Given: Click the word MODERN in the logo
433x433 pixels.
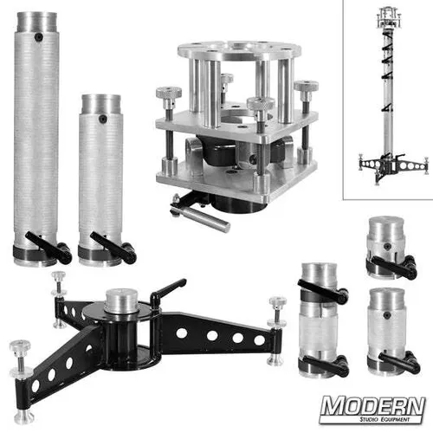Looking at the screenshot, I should coord(372,406).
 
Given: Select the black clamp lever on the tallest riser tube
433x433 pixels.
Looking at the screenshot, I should coord(51,247).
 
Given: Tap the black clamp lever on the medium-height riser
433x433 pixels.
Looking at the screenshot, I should coord(118,252).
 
